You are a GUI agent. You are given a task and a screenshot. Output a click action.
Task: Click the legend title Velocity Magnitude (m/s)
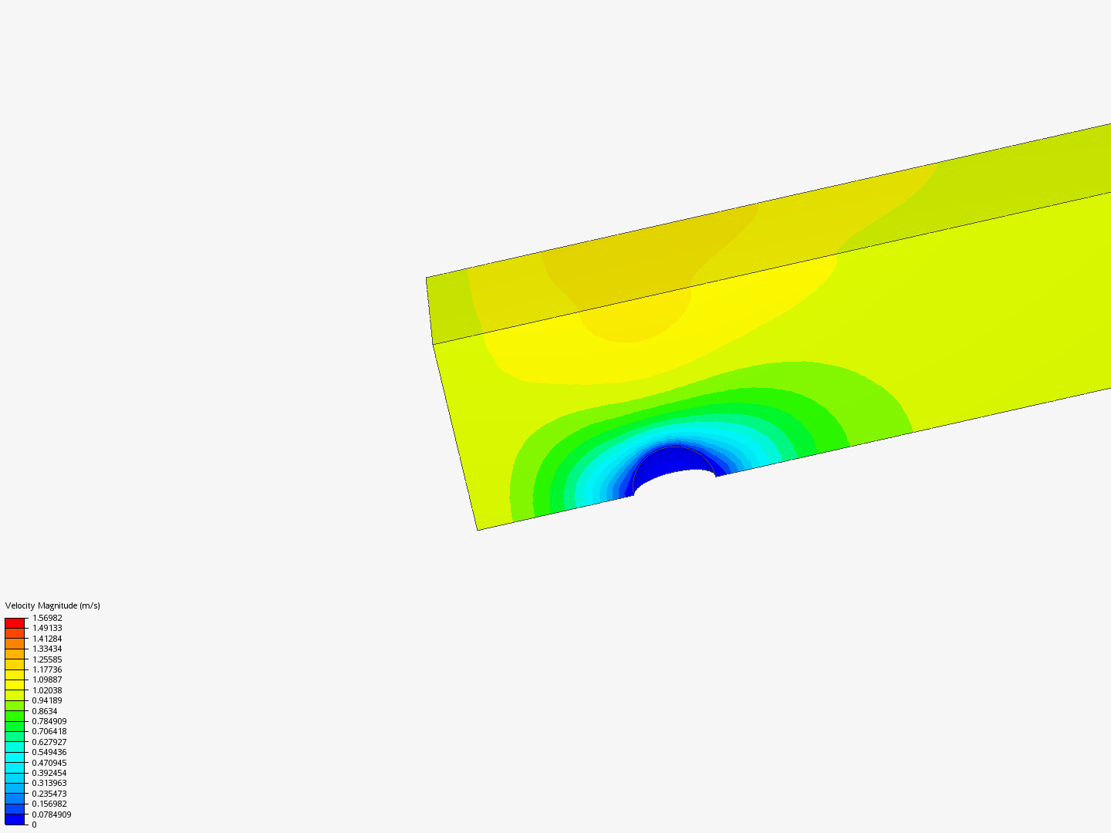(52, 605)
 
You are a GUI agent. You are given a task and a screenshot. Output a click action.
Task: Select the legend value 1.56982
(47, 618)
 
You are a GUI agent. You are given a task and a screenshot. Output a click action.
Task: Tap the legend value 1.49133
(47, 628)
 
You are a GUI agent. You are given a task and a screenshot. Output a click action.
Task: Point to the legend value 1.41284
(47, 639)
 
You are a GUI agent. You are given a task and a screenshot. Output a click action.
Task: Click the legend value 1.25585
(47, 659)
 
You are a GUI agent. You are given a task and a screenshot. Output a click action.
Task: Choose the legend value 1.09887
(47, 680)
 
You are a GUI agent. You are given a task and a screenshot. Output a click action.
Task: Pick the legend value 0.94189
(47, 700)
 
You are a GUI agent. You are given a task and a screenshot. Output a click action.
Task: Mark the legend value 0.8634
(45, 711)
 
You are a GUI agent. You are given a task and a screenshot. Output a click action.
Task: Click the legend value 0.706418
(49, 731)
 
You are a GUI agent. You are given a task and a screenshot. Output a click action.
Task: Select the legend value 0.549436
(49, 752)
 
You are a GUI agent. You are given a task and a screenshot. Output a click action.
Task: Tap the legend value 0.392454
(49, 773)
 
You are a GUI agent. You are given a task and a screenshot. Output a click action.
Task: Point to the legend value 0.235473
(49, 794)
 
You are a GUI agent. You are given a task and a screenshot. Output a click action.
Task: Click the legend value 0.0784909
(52, 814)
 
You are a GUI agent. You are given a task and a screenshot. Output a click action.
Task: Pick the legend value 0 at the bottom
(34, 825)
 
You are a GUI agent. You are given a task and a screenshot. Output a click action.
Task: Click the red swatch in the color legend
(15, 622)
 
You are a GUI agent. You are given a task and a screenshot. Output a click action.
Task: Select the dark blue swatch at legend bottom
(15, 819)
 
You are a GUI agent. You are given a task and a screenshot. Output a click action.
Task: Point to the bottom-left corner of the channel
(478, 530)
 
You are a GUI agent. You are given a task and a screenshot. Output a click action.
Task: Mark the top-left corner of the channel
(427, 278)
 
